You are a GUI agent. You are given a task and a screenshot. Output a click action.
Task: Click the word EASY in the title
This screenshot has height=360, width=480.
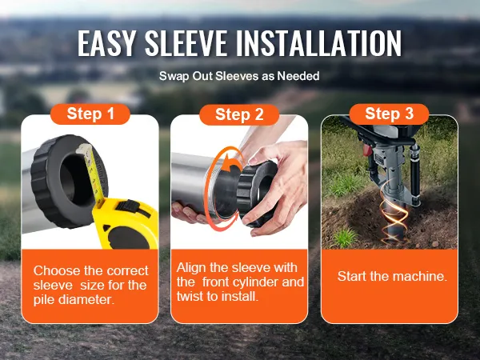(x=106, y=43)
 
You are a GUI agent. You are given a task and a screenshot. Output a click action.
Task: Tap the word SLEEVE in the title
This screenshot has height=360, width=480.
(x=186, y=43)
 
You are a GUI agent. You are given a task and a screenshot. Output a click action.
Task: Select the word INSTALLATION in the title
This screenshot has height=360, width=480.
(x=318, y=43)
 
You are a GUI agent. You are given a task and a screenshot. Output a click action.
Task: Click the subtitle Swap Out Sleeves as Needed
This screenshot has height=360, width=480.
(x=239, y=76)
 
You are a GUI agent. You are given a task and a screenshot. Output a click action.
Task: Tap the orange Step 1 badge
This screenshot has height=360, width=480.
(x=90, y=114)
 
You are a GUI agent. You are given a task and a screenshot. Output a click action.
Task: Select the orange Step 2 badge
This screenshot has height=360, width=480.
(x=239, y=114)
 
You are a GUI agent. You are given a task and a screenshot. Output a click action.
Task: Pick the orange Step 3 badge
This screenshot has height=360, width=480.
(x=389, y=114)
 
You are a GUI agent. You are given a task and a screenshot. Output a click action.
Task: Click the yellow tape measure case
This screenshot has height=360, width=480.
(x=126, y=223)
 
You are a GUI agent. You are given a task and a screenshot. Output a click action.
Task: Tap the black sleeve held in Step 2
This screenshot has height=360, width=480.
(x=257, y=194)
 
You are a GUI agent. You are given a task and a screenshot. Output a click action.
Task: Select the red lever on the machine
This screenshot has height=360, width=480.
(x=366, y=150)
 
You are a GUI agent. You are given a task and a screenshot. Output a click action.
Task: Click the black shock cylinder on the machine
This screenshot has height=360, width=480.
(x=414, y=174)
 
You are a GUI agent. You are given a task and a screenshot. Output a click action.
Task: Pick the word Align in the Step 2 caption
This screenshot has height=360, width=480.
(x=191, y=268)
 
